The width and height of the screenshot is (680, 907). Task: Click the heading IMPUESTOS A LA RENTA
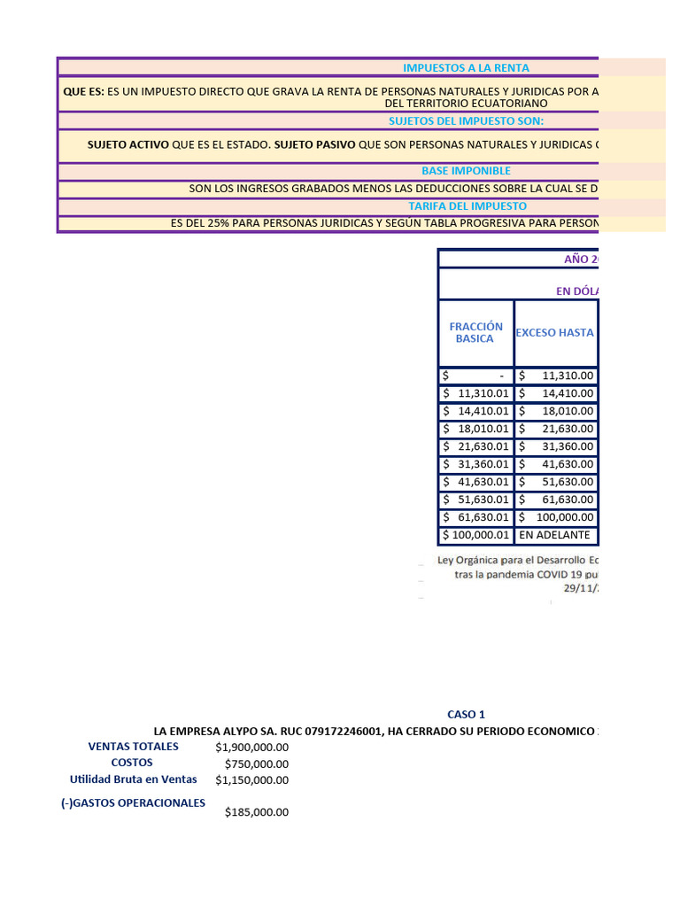coord(466,67)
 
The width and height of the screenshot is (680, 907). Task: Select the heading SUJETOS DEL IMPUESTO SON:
coord(466,121)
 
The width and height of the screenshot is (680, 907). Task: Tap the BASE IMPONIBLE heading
coord(466,171)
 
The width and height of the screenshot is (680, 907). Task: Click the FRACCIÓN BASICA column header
coord(475,333)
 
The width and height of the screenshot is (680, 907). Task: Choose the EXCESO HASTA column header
coord(554,333)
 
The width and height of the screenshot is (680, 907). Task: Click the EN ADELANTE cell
coord(554,535)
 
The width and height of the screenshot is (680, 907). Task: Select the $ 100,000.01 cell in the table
coord(475,535)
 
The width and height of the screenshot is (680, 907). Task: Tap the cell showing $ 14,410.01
coord(475,411)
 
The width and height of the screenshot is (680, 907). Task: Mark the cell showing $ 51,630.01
coord(475,500)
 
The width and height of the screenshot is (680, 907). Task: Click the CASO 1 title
coord(466,715)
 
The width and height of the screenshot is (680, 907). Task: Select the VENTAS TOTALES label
coord(133,747)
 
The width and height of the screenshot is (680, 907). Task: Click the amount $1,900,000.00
coord(251,748)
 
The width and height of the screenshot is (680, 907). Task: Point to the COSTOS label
coord(132,763)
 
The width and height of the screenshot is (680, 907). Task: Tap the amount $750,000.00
coord(256,764)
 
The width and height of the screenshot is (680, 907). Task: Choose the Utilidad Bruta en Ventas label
coord(137,779)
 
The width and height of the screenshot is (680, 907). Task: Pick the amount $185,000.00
coord(256,812)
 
